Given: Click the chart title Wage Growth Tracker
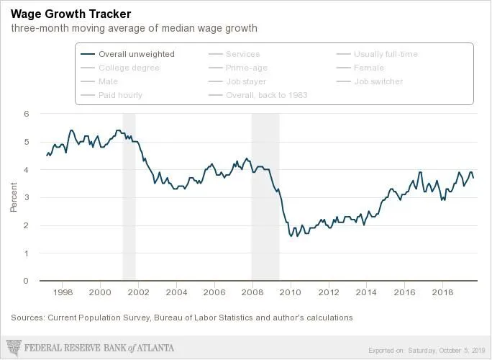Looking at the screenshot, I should [66, 14].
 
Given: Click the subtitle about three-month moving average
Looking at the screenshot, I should [134, 29].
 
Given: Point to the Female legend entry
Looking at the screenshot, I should [368, 68].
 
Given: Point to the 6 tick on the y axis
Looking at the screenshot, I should [27, 114].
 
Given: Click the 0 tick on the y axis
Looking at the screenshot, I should [27, 282].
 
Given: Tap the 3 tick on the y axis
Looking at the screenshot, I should [27, 198].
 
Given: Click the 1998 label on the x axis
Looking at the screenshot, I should [63, 292].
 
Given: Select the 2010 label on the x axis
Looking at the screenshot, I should [290, 292].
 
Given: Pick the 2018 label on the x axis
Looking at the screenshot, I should [442, 292].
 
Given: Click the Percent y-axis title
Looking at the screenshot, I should [13, 198].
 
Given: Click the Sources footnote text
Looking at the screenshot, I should [182, 317].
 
